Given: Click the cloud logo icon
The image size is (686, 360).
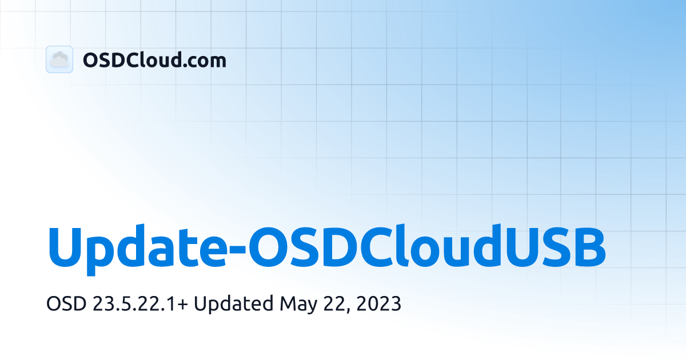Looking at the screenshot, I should click(x=59, y=59).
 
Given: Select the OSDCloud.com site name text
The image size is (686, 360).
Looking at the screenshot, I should click(x=154, y=60).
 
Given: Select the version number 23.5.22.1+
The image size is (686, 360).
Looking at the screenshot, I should click(x=139, y=304).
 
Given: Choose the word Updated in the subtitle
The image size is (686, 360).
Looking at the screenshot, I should click(x=233, y=304).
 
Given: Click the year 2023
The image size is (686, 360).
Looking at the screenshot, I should click(x=378, y=304).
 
